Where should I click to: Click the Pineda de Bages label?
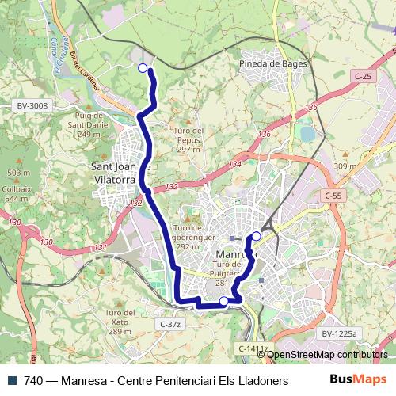[273, 63]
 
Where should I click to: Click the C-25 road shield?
[363, 76]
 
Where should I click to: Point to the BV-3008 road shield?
[32, 105]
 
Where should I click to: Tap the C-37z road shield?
[170, 324]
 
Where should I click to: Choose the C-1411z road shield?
[250, 348]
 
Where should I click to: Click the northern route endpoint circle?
[143, 68]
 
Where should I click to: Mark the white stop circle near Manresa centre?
[257, 236]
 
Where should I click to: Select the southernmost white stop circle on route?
[223, 301]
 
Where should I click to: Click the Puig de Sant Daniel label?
[89, 125]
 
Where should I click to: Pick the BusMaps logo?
[359, 379]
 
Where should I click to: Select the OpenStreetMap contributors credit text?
[326, 355]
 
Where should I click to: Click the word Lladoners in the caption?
[261, 380]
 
